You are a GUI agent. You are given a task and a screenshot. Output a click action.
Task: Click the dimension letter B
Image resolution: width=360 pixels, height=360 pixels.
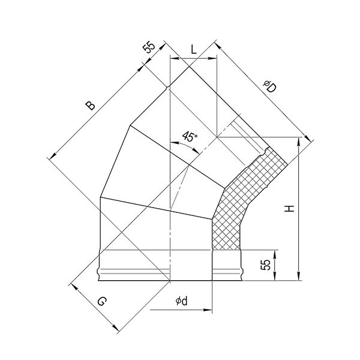tap(90, 106)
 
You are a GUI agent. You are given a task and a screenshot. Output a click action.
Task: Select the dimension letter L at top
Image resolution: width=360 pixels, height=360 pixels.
tap(194, 49)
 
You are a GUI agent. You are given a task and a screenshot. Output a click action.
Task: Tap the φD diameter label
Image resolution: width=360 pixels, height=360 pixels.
tap(269, 86)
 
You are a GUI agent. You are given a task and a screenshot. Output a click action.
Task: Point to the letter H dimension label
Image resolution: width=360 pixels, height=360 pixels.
tap(289, 208)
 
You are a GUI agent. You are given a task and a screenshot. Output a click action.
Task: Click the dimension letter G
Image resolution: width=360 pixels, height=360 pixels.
tap(102, 301)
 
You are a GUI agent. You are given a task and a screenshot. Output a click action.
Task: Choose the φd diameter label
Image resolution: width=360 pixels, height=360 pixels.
tap(182, 301)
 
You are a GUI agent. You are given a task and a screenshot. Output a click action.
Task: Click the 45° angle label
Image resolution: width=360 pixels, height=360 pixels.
tap(190, 137)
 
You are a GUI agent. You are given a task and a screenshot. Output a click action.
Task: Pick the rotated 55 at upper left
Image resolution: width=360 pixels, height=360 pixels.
tap(149, 47)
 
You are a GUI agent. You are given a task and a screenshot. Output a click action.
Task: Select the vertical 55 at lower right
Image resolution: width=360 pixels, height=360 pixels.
tap(265, 265)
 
